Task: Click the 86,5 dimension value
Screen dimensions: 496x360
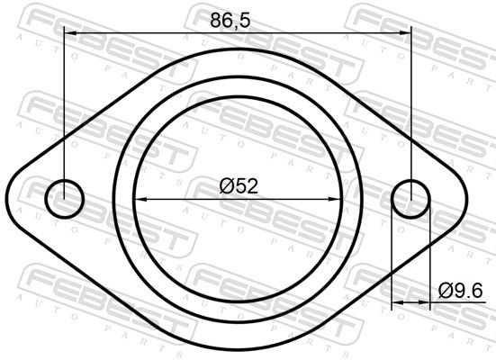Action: point(230,20)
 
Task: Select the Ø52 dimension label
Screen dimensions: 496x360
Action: point(239,186)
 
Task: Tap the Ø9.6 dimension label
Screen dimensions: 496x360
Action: point(461,291)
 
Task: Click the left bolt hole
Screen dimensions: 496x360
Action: point(46,199)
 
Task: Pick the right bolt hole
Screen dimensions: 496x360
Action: point(392,199)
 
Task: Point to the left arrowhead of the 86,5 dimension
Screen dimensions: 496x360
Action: point(70,32)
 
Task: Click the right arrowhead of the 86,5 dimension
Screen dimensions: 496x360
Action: point(405,32)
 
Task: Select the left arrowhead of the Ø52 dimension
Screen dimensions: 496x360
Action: point(140,199)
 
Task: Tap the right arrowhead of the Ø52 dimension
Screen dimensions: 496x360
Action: point(335,199)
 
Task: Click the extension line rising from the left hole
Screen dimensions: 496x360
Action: point(64,112)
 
